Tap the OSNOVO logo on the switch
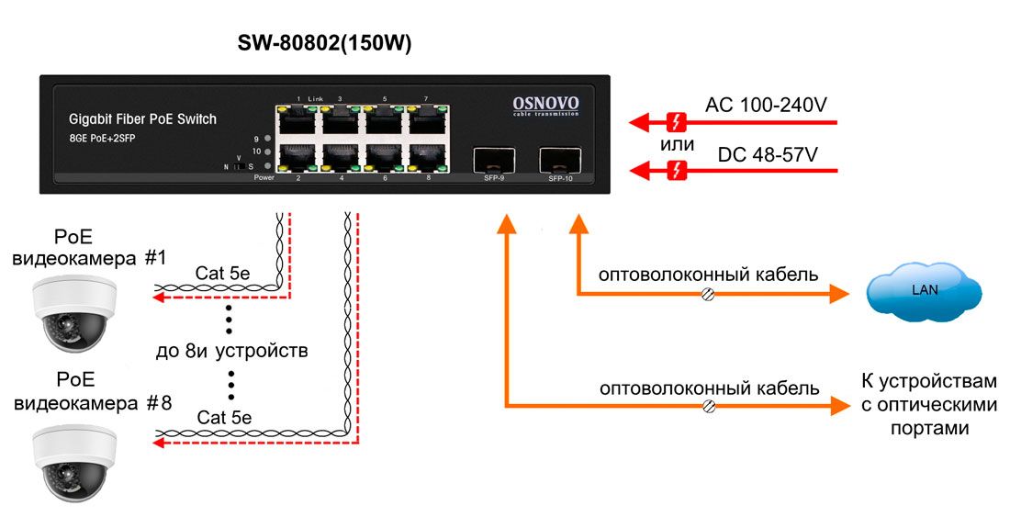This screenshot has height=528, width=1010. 544,105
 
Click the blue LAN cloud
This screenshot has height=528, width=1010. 925,290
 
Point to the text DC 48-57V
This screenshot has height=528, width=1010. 768,154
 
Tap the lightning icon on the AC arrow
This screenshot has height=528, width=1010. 678,121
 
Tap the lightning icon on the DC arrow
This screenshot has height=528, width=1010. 678,170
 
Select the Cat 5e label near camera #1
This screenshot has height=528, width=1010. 222,273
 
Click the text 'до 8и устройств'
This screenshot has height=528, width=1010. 231,351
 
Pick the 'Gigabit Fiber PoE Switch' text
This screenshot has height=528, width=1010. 142,119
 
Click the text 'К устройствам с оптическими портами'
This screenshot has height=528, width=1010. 927,404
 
